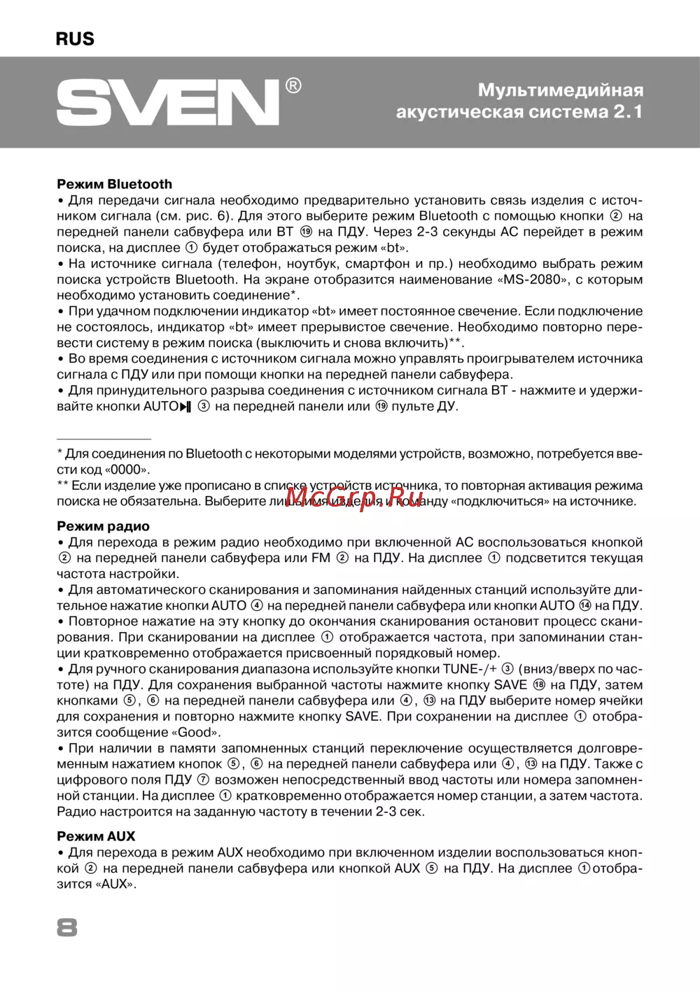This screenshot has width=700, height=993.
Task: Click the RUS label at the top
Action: (75, 38)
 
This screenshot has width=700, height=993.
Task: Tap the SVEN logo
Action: (168, 102)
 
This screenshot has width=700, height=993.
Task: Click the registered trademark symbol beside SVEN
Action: (293, 86)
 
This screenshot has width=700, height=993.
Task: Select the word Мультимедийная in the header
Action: (561, 90)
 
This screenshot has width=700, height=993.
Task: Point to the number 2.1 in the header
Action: (628, 112)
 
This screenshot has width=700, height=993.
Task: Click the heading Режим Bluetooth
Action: (114, 184)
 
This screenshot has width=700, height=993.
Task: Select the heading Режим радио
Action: (103, 526)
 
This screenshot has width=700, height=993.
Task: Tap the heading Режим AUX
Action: (96, 836)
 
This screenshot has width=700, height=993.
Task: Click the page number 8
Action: (67, 928)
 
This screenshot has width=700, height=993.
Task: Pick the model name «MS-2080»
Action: (533, 279)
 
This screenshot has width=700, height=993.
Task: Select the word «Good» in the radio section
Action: (196, 733)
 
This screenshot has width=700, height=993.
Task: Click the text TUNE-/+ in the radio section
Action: (470, 669)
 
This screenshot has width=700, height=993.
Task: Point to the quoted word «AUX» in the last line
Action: (115, 884)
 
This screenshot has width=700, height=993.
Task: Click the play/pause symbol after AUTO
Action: (185, 407)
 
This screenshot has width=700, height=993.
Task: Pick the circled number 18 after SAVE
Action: (538, 685)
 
